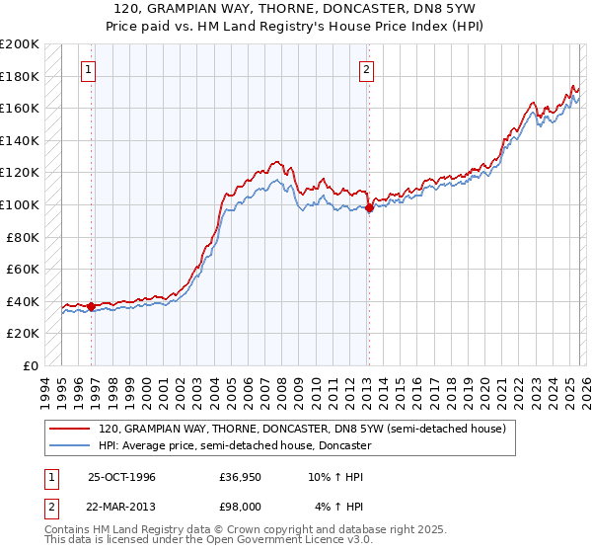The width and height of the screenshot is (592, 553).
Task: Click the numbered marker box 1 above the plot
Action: [90, 69]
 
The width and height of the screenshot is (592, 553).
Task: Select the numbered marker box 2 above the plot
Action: [366, 69]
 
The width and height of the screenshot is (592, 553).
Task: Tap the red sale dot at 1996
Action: [92, 306]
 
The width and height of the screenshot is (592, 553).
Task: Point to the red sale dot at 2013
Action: [369, 208]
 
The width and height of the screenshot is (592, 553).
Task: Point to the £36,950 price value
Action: [240, 477]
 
